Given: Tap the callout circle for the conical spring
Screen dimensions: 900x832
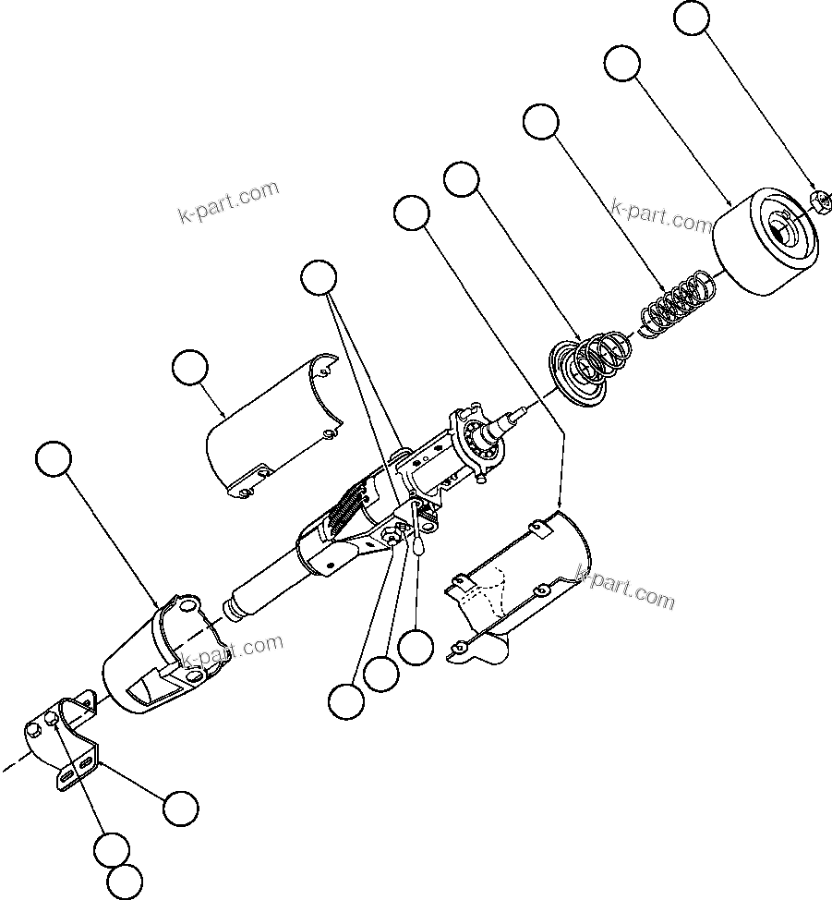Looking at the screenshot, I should click(x=463, y=178).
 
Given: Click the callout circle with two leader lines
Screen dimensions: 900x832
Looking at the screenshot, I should click(x=320, y=277).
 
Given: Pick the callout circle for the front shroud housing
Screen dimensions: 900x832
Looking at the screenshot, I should click(x=54, y=458).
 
